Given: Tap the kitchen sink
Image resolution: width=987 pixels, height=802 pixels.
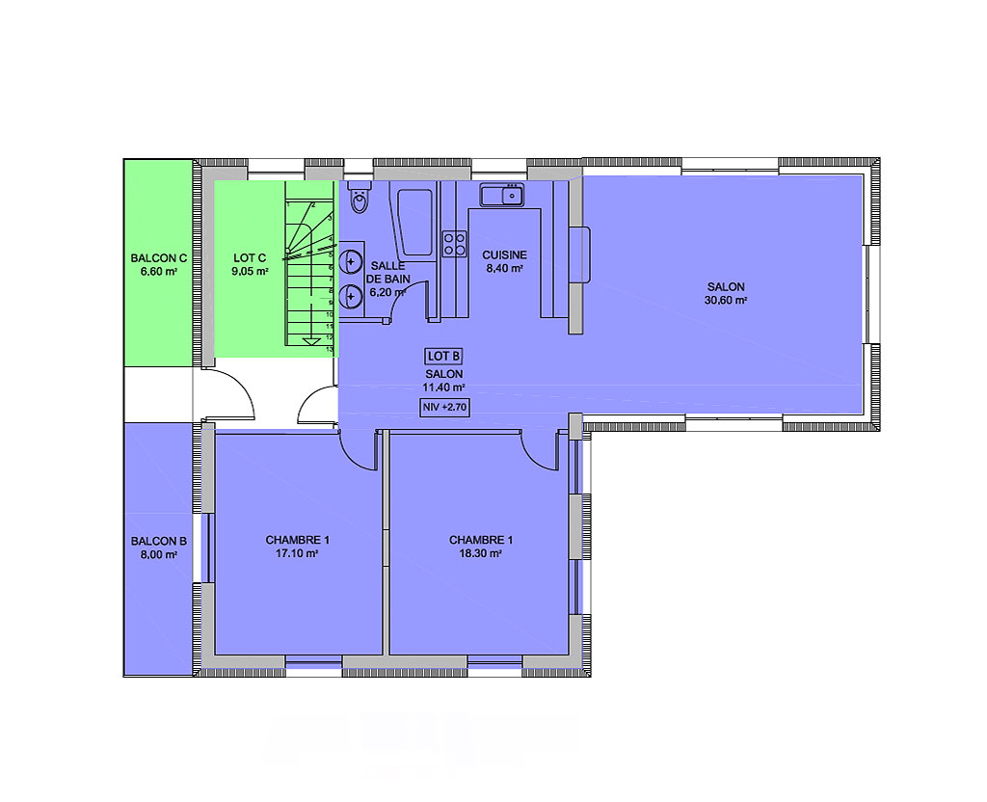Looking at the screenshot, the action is [x=501, y=195].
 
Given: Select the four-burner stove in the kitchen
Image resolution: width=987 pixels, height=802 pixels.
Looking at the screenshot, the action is [x=455, y=244].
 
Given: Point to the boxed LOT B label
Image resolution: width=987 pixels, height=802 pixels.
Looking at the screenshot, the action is [x=443, y=357].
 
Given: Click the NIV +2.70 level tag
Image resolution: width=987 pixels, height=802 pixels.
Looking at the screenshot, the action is [x=444, y=408].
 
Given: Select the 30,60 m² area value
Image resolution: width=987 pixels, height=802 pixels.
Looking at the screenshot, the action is [x=725, y=301].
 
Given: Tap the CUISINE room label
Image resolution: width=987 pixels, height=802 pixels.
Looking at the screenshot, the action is [x=504, y=254].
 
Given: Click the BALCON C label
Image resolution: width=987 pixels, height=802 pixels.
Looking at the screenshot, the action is [x=159, y=258].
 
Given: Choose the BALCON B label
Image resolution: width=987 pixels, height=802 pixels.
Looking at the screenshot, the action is [x=159, y=541].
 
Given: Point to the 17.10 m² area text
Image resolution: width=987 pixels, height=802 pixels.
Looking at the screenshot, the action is [x=297, y=554].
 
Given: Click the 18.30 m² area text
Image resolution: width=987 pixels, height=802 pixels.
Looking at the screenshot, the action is [x=480, y=554].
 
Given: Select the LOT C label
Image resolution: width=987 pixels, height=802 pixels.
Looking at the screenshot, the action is [x=250, y=258].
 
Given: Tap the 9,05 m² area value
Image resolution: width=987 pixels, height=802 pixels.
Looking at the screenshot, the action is [x=250, y=272].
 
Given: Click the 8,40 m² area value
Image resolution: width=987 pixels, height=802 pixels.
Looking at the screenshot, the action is [x=505, y=269].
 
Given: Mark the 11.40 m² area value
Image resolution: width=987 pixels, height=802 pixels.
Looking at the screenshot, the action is [x=443, y=388].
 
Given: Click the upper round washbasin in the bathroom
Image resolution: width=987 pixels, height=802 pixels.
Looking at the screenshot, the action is [x=351, y=260].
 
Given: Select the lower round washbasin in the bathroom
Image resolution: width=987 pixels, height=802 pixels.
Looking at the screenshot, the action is [x=351, y=296].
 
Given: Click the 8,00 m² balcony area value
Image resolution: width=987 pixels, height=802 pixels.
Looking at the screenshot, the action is [x=159, y=554].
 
